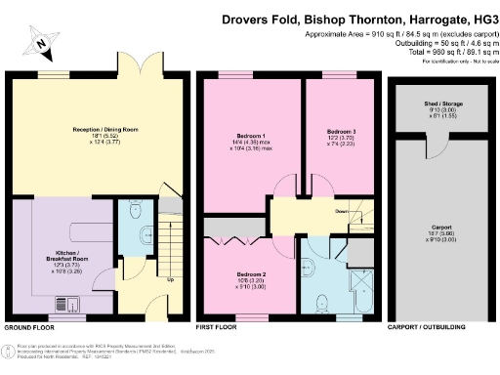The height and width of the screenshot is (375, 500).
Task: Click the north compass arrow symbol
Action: [36, 41]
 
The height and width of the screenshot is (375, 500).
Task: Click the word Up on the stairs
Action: [173, 279]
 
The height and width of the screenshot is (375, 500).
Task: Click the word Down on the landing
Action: [342, 210]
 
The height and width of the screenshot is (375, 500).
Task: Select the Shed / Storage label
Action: [427, 104]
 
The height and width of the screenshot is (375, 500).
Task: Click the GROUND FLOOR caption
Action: [31, 328]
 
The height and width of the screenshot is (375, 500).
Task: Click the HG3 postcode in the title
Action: [480, 18]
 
